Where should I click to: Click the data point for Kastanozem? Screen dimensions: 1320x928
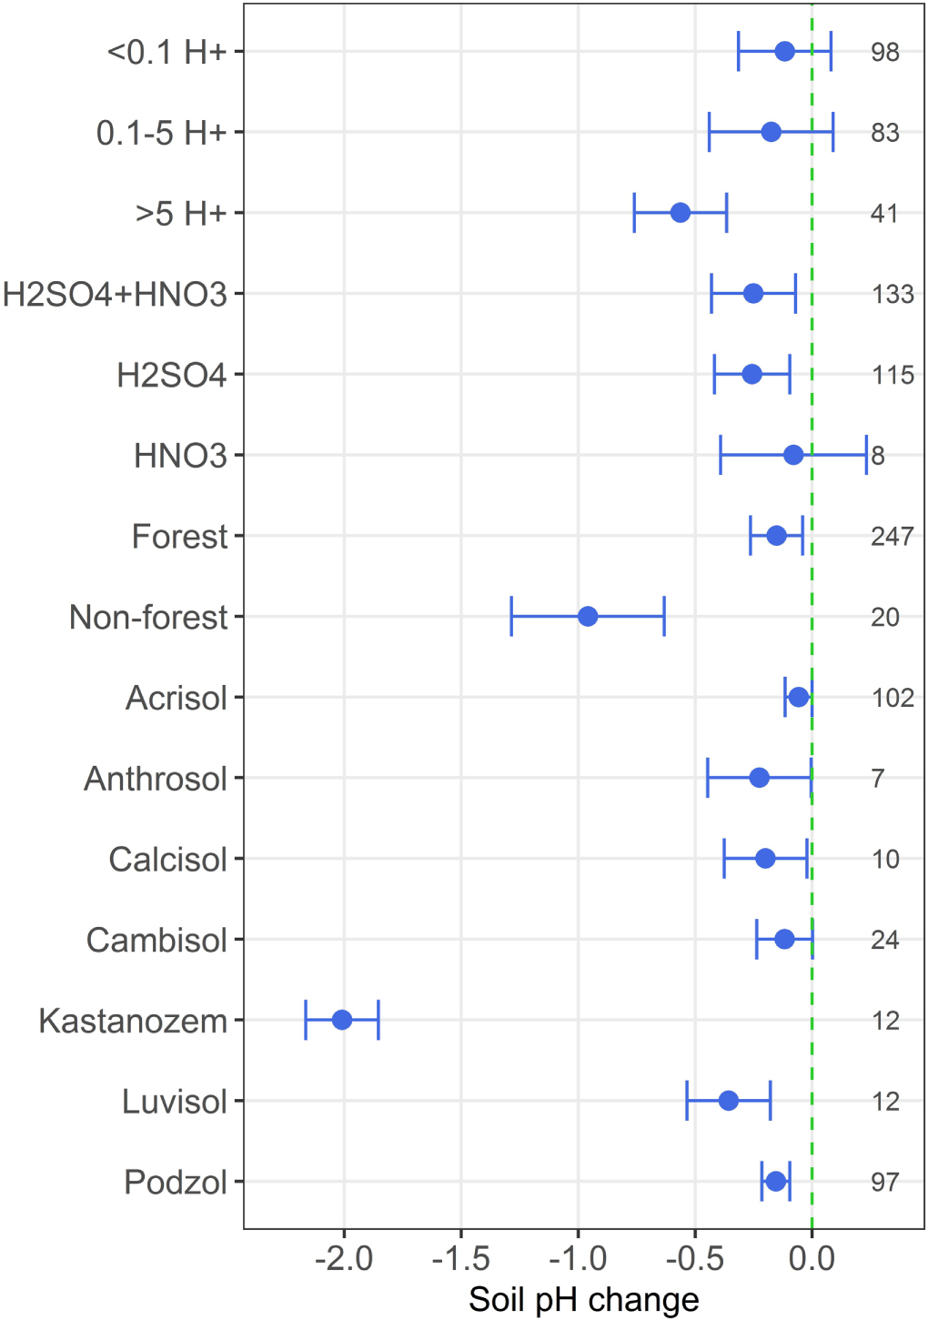coord(342,1020)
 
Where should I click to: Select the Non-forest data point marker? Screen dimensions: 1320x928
coord(588,617)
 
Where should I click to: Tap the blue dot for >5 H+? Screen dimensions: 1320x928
coord(681,213)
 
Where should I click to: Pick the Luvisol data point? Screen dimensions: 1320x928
coord(729,1101)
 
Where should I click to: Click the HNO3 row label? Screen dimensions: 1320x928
coord(180,456)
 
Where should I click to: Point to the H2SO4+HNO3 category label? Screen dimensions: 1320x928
coord(115,295)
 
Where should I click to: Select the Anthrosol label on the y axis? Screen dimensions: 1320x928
coord(156,780)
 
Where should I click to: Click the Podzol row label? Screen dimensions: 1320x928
coord(176,1183)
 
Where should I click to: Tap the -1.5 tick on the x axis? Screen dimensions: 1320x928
coord(461,1259)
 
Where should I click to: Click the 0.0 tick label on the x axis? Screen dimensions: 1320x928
coord(812,1259)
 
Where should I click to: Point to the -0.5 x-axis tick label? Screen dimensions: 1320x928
coord(695,1259)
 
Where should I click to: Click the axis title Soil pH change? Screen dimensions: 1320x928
coord(583,1300)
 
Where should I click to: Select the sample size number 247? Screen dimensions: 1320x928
coord(892,537)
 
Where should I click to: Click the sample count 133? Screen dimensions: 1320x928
coord(892,295)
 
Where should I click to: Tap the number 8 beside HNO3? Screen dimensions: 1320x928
coord(878,456)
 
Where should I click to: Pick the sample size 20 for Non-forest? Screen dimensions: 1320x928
coord(885,618)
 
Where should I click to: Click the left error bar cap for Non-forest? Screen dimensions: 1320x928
coord(512,617)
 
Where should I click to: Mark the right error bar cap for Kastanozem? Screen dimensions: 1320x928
coord(378,1020)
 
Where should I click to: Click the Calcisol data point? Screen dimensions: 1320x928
coord(765,859)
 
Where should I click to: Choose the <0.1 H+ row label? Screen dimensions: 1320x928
coord(166,53)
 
